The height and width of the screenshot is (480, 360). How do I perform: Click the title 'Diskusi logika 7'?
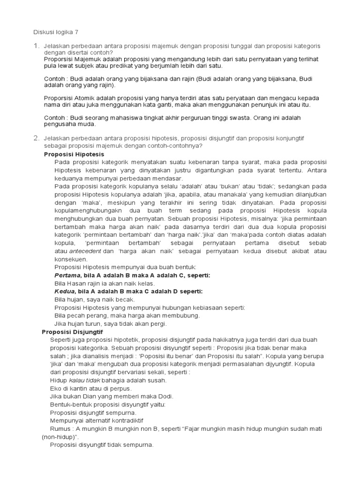[56, 32]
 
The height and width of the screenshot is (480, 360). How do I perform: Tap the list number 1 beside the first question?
[36, 46]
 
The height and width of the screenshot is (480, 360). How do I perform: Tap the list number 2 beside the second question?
[36, 138]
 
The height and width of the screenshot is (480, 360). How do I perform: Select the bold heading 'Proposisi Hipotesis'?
[74, 154]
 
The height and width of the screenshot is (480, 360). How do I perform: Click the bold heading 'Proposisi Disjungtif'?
[72, 332]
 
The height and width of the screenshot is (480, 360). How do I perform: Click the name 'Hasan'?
[77, 284]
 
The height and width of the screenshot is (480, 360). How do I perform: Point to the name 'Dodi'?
[164, 396]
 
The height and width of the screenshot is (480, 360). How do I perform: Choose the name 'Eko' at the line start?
[55, 388]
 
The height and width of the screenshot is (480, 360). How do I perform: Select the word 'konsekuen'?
[71, 259]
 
